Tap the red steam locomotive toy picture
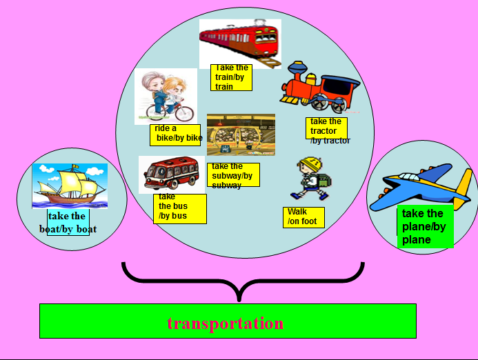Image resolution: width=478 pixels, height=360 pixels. point(319,88)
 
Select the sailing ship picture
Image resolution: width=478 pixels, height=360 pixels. point(69,185)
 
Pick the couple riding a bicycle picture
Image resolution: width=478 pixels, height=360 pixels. point(166,97)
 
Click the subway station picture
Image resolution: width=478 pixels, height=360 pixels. point(241,134)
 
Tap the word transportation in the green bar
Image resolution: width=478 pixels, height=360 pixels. point(226,323)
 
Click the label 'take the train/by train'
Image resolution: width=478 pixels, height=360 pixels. point(231,77)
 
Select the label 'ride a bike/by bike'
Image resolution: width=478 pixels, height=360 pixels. point(175,134)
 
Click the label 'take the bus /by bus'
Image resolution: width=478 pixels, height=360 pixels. point(179,208)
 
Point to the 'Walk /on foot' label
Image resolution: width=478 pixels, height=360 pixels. point(303,217)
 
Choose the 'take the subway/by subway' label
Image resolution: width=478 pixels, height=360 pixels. point(233,174)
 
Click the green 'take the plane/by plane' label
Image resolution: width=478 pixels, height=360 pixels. point(425,226)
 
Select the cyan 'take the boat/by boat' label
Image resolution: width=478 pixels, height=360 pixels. point(68,223)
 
